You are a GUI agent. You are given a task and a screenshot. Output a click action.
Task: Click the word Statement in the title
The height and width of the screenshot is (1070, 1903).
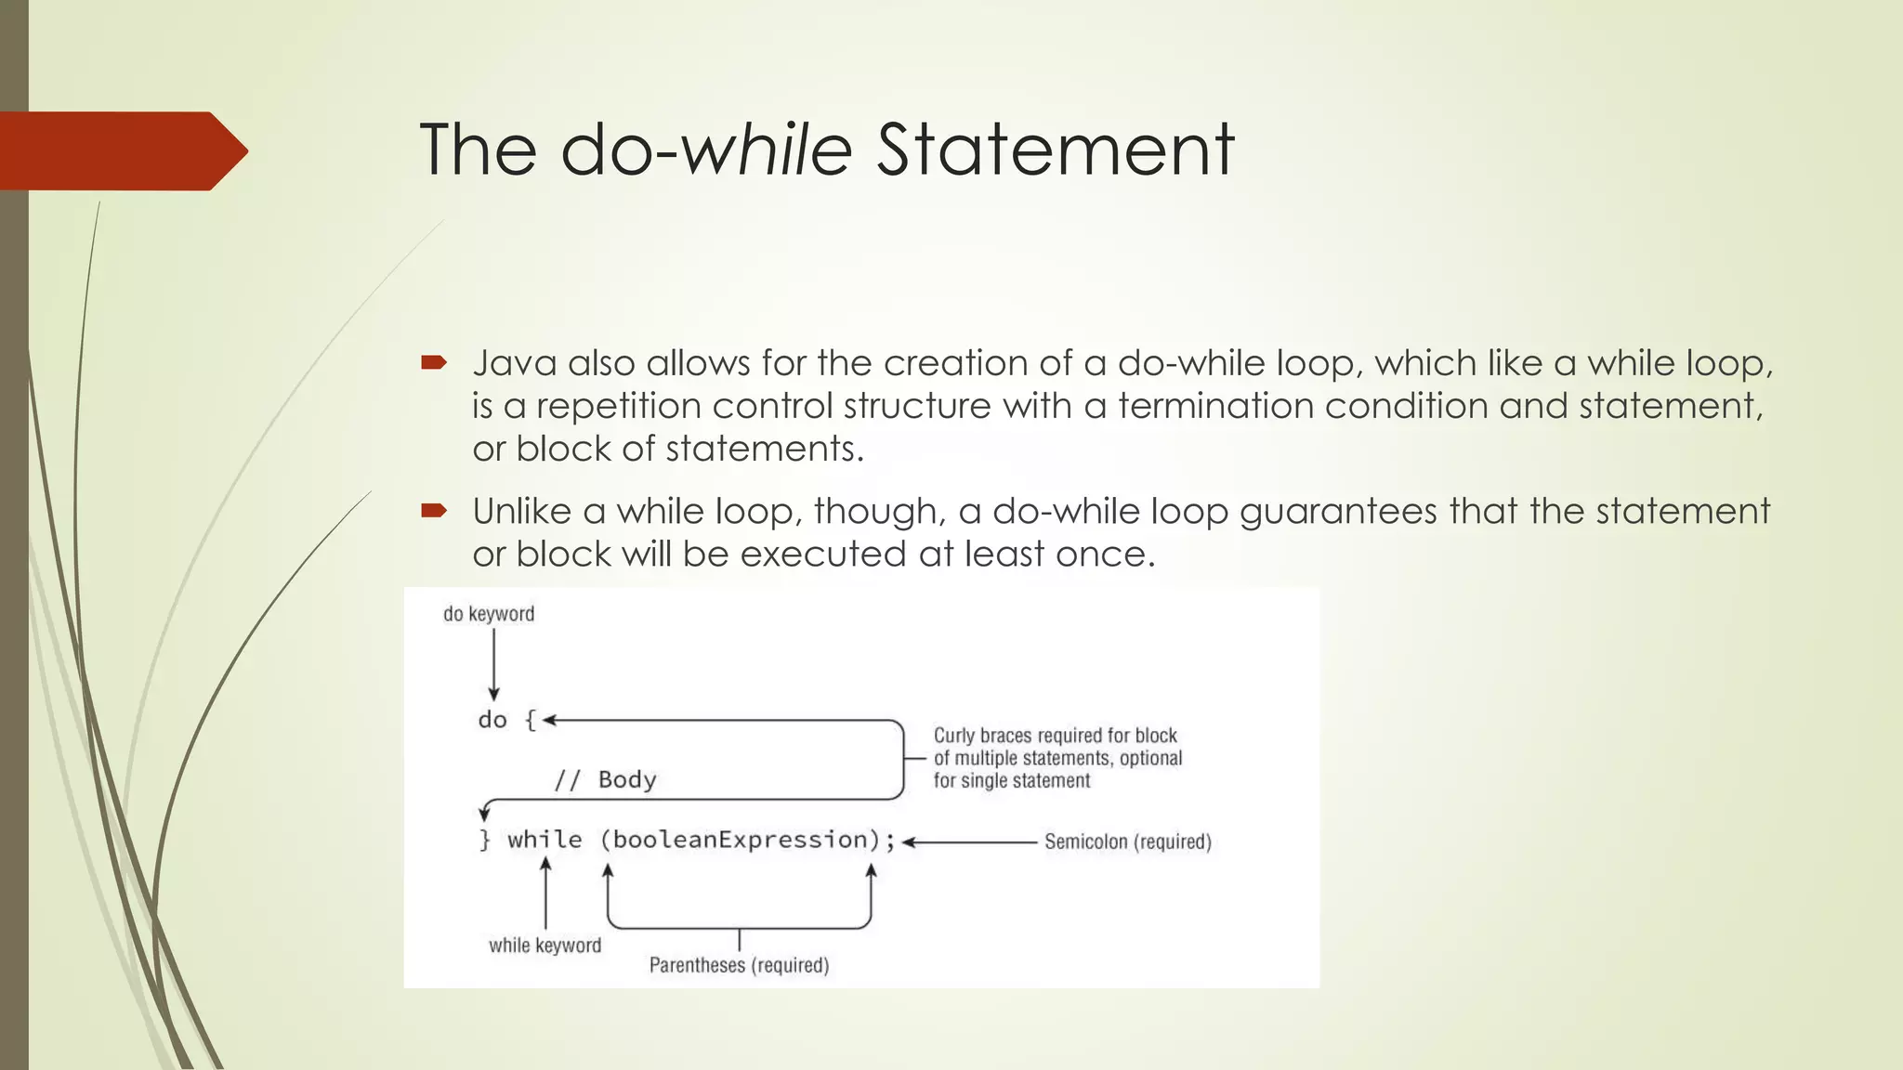point(1055,150)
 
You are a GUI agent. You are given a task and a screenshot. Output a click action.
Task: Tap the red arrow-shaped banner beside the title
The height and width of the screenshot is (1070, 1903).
point(121,150)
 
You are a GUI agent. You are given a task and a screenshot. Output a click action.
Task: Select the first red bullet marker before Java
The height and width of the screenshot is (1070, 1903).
point(433,363)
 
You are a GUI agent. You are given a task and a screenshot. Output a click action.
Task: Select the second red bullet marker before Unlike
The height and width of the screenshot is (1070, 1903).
point(433,510)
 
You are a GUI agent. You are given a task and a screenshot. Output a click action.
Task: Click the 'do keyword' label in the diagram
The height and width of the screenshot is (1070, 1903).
point(489,614)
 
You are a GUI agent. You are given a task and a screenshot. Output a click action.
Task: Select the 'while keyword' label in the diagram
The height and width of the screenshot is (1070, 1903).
point(545,946)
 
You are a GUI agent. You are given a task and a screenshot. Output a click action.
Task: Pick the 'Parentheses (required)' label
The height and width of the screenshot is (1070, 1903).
point(739,965)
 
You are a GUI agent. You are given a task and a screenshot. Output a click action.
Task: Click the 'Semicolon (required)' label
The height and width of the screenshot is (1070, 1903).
point(1127,842)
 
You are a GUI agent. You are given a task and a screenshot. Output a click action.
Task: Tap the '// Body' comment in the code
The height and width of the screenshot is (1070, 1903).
point(605,779)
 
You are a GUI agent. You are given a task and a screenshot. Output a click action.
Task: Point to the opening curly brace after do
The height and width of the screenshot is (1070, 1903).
point(531,720)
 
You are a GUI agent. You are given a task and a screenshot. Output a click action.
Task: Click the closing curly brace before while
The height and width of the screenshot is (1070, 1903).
point(484,840)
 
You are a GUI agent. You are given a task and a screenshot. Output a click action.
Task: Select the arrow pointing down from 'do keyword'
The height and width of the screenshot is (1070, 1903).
point(493,664)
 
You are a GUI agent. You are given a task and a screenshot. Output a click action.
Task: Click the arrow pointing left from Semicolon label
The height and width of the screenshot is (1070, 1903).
point(969,842)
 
